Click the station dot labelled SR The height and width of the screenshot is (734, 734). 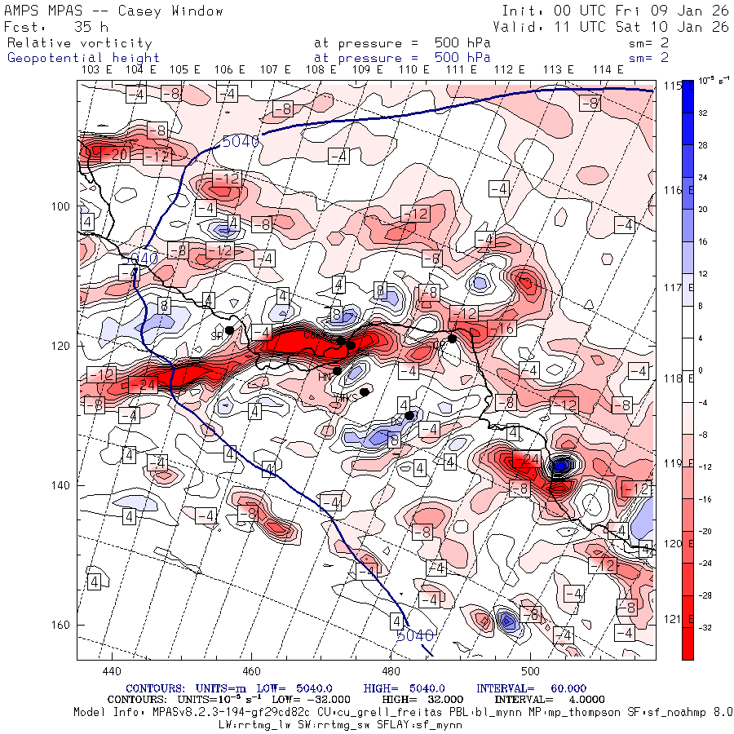(x=230, y=330)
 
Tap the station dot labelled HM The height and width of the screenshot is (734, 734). (x=337, y=371)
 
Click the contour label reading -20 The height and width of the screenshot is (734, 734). (x=121, y=155)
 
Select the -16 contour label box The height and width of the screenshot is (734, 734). (x=505, y=329)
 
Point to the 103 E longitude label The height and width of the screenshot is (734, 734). (x=97, y=70)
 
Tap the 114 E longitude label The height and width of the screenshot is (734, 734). (x=608, y=70)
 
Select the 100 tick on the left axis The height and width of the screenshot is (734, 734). (x=62, y=206)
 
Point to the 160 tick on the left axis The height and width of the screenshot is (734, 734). (x=62, y=626)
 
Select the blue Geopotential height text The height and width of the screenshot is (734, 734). (x=84, y=58)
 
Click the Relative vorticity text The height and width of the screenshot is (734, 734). (x=80, y=43)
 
